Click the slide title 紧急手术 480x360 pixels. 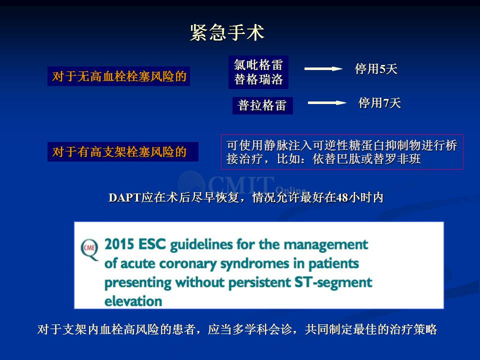[227, 32]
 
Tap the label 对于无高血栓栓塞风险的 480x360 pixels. [119, 76]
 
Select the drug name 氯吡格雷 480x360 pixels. [258, 65]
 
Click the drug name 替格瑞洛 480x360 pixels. [258, 79]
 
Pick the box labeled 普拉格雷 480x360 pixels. [262, 105]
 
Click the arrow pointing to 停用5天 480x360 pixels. [323, 69]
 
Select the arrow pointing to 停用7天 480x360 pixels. [327, 103]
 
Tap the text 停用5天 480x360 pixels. [376, 69]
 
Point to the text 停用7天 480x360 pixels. [379, 103]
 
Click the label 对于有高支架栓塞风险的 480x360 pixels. [119, 152]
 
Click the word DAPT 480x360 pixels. [124, 198]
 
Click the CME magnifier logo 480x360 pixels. [89, 249]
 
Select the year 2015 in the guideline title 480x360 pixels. [119, 244]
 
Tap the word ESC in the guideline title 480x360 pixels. [152, 244]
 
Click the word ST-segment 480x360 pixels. [333, 282]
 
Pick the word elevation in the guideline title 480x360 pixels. [133, 301]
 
